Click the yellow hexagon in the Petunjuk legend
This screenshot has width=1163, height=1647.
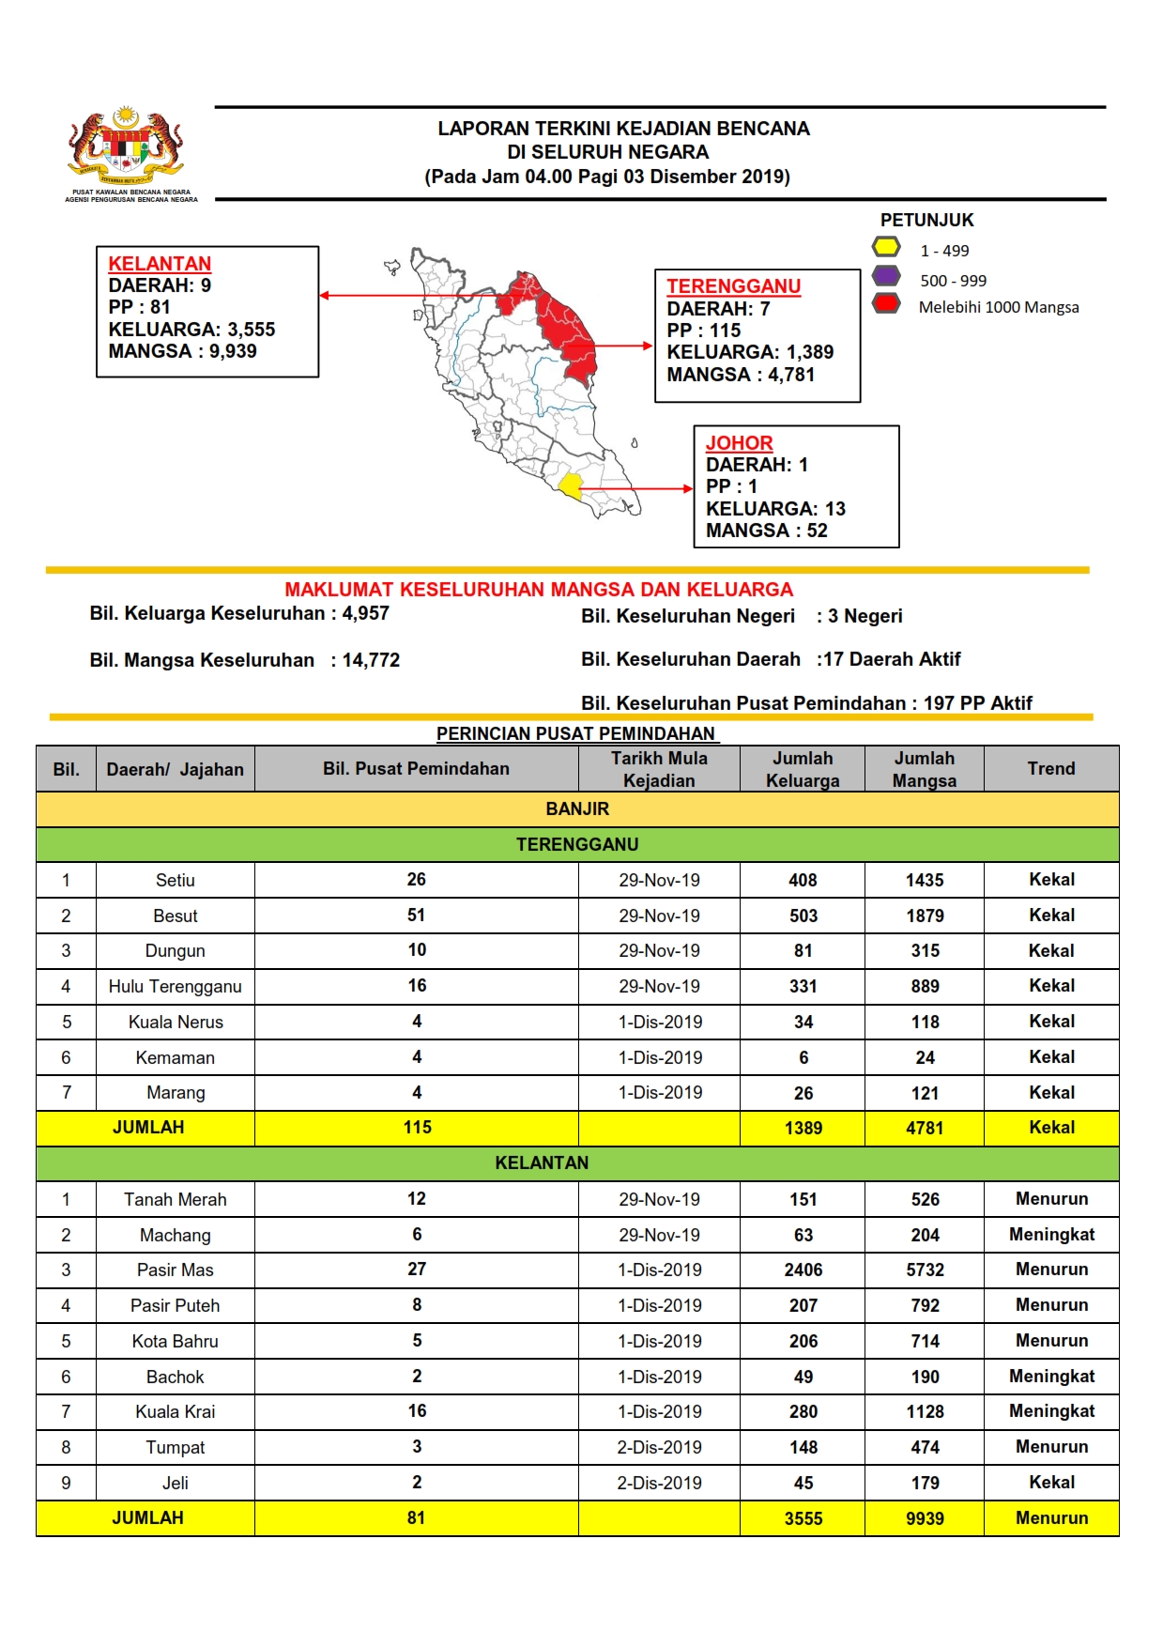886,248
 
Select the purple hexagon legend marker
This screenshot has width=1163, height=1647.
886,277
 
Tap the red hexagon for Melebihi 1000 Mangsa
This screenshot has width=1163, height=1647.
886,304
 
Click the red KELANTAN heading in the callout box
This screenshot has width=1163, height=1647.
160,264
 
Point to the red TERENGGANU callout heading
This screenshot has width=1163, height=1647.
733,286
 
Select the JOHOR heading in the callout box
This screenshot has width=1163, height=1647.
739,443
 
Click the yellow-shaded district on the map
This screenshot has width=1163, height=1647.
571,485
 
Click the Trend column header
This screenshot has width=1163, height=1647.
1050,769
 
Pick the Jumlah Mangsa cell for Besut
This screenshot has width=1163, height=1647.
925,916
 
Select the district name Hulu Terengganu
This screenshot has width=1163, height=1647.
175,986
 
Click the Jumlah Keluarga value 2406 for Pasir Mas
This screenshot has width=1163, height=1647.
803,1270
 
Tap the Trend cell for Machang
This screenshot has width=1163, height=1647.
1051,1235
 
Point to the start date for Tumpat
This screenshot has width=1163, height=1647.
659,1447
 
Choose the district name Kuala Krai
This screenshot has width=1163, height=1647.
175,1411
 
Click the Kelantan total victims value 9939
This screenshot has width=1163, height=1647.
925,1518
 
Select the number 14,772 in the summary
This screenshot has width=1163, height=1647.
371,660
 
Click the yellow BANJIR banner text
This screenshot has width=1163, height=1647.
577,808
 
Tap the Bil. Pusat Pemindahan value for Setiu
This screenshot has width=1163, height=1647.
416,880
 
